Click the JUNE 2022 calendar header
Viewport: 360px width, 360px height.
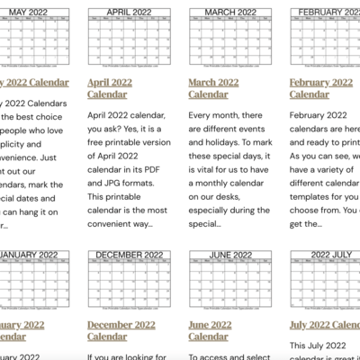tap(224, 255)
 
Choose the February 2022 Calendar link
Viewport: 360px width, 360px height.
tap(321, 86)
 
